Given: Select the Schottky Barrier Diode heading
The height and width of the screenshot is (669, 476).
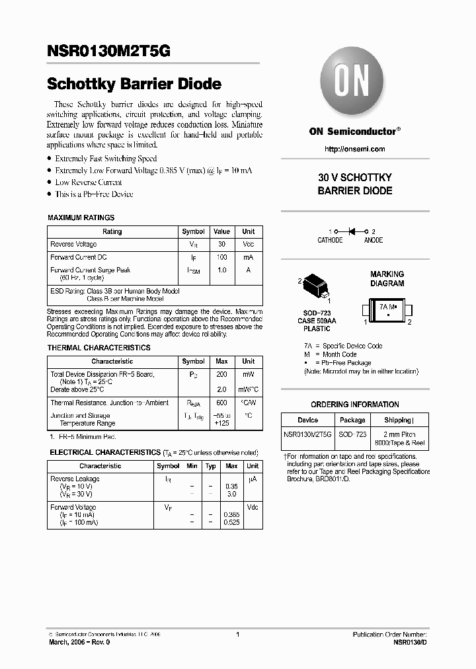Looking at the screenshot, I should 134,85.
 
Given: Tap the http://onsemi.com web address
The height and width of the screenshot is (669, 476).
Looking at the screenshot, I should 354,149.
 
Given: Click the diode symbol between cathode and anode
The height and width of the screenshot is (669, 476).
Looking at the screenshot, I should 352,231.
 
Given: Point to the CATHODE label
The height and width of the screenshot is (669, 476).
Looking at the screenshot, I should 330,241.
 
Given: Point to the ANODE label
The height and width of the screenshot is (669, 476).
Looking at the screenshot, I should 373,241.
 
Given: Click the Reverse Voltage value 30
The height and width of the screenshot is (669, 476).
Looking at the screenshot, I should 221,245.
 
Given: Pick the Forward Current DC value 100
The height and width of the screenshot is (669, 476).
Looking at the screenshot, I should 221,257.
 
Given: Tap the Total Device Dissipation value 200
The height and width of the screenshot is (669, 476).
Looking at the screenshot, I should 221,375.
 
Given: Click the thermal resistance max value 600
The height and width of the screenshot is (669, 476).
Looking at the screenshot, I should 221,403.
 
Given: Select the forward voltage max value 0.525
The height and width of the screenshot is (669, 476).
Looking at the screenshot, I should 231,522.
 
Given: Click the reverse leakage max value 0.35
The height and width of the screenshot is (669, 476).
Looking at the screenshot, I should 231,486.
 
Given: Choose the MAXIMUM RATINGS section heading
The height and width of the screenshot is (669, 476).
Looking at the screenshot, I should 81,217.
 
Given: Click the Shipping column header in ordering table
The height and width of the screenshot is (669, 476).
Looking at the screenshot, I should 398,420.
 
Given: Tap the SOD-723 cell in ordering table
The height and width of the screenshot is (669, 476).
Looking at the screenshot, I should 352,434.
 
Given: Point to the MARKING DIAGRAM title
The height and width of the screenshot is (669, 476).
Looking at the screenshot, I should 387,279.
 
